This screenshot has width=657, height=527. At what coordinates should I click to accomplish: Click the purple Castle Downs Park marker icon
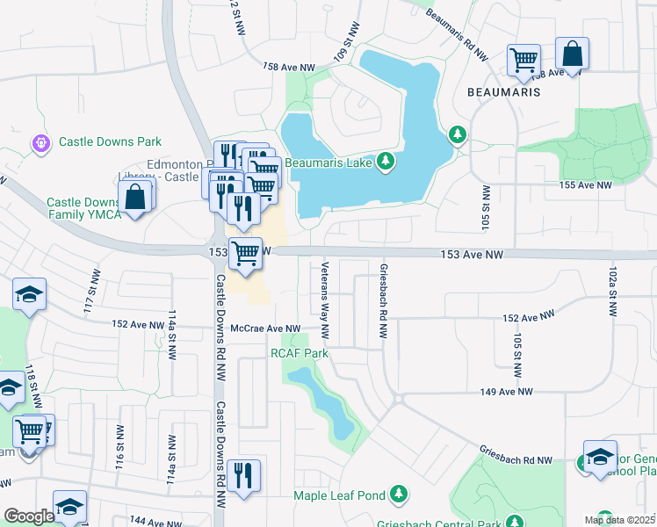click(40, 141)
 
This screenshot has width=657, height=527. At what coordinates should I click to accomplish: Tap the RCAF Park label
click(299, 353)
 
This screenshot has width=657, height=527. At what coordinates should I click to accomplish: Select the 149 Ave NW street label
click(506, 392)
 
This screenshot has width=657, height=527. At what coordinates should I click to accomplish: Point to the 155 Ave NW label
click(585, 185)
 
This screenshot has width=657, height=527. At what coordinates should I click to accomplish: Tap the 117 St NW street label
click(90, 290)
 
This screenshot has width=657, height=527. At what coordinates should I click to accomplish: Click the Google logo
click(28, 516)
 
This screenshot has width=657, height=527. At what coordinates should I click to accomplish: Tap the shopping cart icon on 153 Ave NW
click(246, 253)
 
